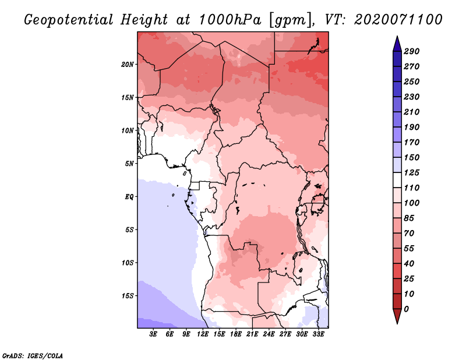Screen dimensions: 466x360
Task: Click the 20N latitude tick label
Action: [x=128, y=65]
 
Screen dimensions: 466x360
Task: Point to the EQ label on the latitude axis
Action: [x=129, y=197]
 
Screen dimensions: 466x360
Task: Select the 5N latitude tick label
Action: [x=129, y=164]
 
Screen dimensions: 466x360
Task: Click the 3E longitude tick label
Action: [x=153, y=334]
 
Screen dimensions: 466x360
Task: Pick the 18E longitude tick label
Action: [x=236, y=334]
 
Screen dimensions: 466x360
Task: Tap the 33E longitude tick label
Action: [x=318, y=334]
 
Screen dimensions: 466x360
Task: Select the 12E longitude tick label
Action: [x=203, y=334]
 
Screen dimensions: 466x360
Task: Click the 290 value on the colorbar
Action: [x=412, y=51]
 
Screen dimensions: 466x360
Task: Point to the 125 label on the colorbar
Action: [x=412, y=172]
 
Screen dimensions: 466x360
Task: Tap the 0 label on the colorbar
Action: [x=406, y=309]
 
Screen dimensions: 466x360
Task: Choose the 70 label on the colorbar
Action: [x=409, y=234]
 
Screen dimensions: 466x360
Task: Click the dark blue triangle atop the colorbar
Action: [x=397, y=44]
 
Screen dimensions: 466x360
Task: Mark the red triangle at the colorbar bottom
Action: [x=397, y=316]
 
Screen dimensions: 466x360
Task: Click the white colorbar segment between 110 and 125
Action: [x=397, y=180]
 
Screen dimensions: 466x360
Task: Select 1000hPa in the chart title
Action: [x=230, y=20]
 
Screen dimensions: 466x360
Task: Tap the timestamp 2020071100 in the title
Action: [x=398, y=20]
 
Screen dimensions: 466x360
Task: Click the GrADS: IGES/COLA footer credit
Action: [x=33, y=355]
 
